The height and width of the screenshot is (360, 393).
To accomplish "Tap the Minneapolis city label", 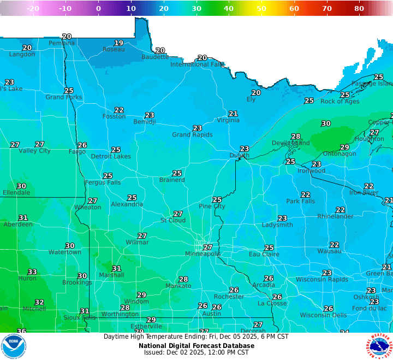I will tap(203, 254).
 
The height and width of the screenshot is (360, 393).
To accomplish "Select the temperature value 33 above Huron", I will tap(33, 272).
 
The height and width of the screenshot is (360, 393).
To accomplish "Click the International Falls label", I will tap(197, 64).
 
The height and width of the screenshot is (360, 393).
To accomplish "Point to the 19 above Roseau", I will tap(118, 43).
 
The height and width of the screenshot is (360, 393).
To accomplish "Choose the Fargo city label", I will tap(77, 152).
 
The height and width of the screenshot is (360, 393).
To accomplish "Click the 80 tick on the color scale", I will tap(359, 8).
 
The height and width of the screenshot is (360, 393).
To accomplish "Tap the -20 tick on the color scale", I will tap(33, 8).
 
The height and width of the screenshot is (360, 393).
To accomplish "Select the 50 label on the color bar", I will tap(261, 8).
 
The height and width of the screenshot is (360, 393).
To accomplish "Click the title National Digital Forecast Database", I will tap(196, 345).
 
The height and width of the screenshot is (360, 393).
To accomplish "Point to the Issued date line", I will tap(196, 352).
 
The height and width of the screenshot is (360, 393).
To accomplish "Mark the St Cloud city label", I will tap(172, 221).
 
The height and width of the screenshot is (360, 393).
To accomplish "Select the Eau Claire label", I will tap(264, 255).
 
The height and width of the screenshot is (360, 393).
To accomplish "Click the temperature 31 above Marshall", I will tap(117, 268).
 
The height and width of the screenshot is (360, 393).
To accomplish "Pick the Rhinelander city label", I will tap(335, 217).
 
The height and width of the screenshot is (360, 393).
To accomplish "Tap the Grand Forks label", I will tap(64, 97).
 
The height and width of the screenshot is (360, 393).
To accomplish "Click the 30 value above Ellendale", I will tap(21, 186).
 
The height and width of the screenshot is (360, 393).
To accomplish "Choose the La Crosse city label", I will tap(271, 303).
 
